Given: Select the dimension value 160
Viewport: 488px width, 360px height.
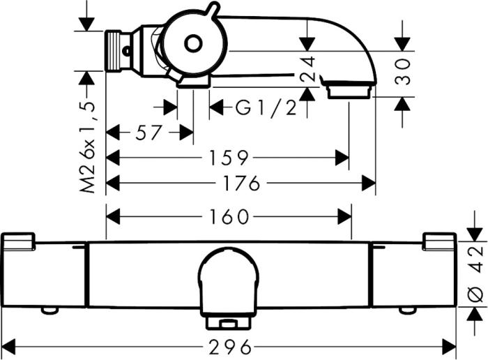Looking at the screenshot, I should click(x=229, y=217).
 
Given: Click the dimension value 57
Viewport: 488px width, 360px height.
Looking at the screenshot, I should click(x=148, y=133).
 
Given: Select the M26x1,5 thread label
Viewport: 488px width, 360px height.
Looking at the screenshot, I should click(x=87, y=147).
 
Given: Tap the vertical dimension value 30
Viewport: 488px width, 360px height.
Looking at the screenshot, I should click(x=403, y=70).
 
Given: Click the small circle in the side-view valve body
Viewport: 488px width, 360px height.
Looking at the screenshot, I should click(x=193, y=45).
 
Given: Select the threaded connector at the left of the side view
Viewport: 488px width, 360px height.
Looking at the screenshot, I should click(x=120, y=50).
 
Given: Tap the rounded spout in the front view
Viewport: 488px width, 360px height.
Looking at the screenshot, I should click(x=229, y=279).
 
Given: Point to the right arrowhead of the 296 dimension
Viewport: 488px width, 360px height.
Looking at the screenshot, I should click(x=450, y=346).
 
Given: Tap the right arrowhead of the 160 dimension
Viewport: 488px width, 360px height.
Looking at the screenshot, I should click(x=344, y=217).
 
